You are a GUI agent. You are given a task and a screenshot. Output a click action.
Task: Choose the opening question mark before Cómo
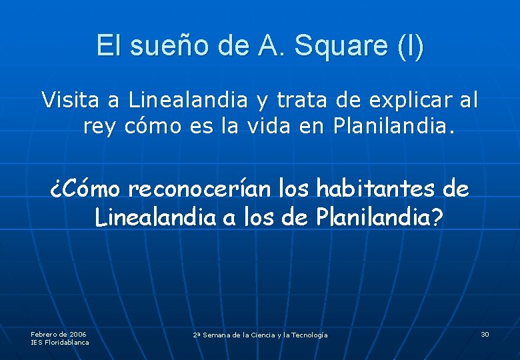[57, 190]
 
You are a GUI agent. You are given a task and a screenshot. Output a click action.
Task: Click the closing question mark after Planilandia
[435, 217]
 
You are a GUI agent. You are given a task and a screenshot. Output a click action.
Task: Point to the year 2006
[77, 333]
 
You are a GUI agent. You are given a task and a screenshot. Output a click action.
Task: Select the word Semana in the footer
[217, 335]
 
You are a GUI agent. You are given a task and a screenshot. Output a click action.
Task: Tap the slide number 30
[485, 334]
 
